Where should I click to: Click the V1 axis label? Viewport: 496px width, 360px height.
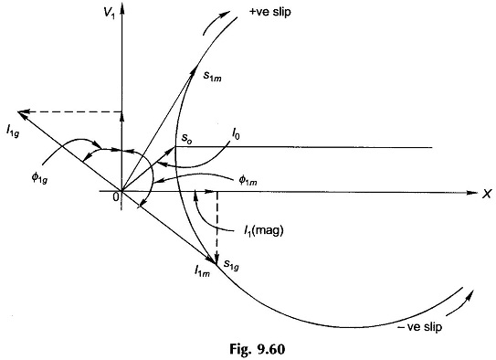pyautogui.click(x=110, y=14)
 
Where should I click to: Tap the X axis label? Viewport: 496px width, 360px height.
pyautogui.click(x=487, y=194)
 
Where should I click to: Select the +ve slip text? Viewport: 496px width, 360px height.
pyautogui.click(x=270, y=12)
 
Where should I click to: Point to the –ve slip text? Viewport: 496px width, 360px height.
pyautogui.click(x=419, y=326)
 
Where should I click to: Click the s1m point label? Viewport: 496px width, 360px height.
pyautogui.click(x=212, y=76)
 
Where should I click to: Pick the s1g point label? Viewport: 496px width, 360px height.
pyautogui.click(x=231, y=265)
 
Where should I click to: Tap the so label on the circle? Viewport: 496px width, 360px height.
pyautogui.click(x=186, y=138)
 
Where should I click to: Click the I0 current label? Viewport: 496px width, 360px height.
pyautogui.click(x=236, y=135)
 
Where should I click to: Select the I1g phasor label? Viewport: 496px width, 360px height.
pyautogui.click(x=13, y=131)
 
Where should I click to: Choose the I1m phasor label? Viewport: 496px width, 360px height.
pyautogui.click(x=202, y=270)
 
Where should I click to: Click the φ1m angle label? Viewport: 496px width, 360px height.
pyautogui.click(x=248, y=181)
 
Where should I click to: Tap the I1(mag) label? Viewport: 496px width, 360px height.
pyautogui.click(x=264, y=231)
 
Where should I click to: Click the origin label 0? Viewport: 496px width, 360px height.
pyautogui.click(x=116, y=197)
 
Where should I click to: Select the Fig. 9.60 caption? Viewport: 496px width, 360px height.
pyautogui.click(x=258, y=349)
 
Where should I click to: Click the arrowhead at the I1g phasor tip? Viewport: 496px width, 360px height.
pyautogui.click(x=23, y=113)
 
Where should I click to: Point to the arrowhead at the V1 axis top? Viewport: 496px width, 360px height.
pyautogui.click(x=122, y=9)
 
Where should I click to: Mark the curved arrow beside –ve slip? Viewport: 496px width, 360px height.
pyautogui.click(x=460, y=303)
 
